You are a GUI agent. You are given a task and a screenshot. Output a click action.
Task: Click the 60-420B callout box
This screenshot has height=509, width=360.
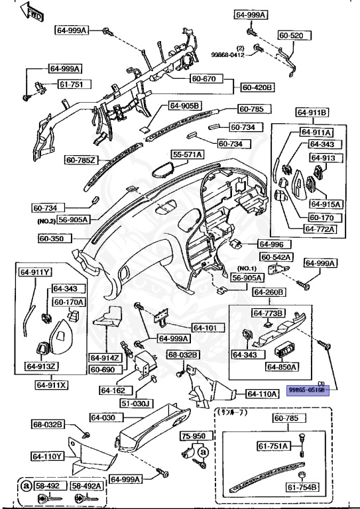[x=257, y=87]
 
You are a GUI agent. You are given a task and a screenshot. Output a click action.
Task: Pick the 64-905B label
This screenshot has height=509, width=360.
[x=184, y=105]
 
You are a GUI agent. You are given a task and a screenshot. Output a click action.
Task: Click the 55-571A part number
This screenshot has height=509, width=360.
[x=188, y=154]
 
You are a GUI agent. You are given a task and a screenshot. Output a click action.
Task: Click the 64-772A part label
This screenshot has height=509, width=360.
[x=320, y=229]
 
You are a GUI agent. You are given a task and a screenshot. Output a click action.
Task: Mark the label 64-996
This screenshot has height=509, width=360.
[x=270, y=244]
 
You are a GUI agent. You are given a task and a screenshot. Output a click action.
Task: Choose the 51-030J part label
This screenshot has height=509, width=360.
[x=136, y=403]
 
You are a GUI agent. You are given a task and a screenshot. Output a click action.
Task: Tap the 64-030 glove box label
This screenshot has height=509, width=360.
[x=103, y=418]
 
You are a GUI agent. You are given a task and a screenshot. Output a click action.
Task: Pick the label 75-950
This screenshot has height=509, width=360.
[x=194, y=437]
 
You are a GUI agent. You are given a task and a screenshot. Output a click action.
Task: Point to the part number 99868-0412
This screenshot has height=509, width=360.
[x=229, y=54]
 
